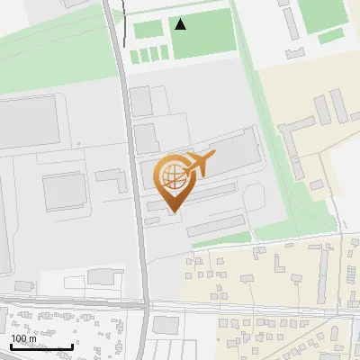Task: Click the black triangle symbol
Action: coord(181,24)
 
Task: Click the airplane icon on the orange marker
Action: coord(200,164)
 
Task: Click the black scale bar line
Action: coord(41,347)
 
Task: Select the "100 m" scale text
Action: coord(24,339)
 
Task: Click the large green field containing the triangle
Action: coord(203,36)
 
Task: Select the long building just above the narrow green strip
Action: coord(216,225)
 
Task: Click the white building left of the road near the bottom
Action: coord(106,275)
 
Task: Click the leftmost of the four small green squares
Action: coord(134,57)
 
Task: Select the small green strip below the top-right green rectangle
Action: coord(330,35)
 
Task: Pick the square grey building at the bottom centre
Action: coord(166,325)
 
